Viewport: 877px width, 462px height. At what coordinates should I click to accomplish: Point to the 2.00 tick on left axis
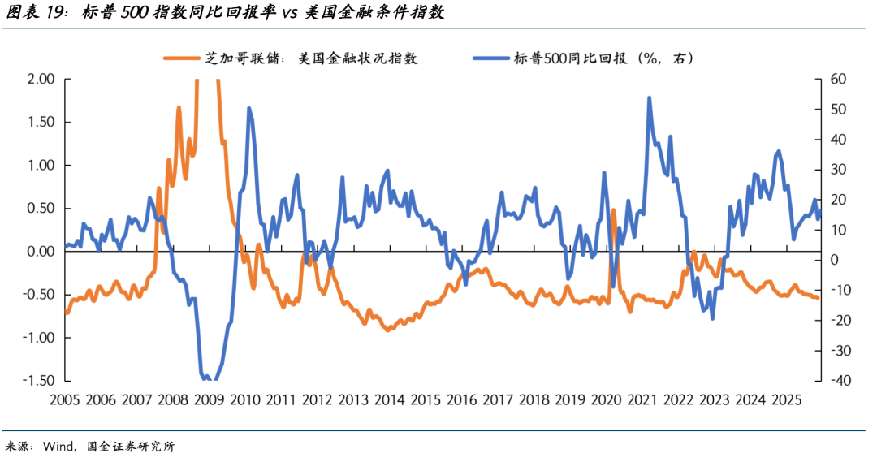[x=41, y=79]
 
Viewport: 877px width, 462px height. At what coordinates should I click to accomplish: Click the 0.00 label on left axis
[x=41, y=252]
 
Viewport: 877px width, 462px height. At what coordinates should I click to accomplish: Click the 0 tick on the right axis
[x=834, y=260]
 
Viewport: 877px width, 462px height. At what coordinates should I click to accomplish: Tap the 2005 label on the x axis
[x=66, y=399]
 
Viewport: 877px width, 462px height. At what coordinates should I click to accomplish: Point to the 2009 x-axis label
[x=210, y=399]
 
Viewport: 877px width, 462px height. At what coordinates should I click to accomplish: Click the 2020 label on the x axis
[x=606, y=399]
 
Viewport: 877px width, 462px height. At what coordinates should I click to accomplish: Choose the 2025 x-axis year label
[x=785, y=399]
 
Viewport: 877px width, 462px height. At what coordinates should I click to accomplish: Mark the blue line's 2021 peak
[x=650, y=98]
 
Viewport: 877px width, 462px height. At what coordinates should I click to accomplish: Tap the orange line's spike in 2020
[x=613, y=210]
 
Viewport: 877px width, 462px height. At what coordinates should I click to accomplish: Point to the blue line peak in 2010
[x=248, y=108]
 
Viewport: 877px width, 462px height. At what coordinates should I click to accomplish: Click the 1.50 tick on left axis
[x=41, y=122]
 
